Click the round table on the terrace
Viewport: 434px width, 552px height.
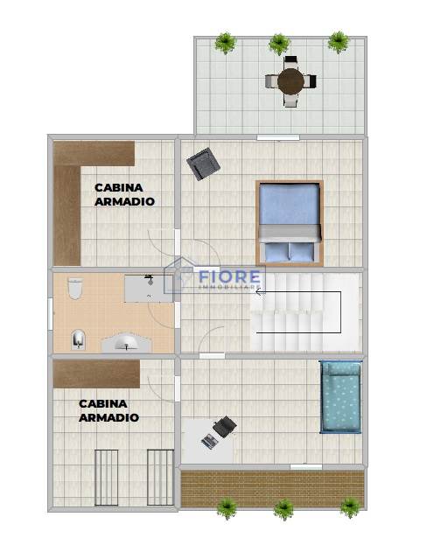click(290, 81)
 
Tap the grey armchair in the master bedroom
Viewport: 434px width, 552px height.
click(204, 164)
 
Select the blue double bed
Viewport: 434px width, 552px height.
click(290, 223)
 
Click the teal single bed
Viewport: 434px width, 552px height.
click(340, 397)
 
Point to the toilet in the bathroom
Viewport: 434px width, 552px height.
click(75, 289)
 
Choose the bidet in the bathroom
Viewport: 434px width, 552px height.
click(78, 339)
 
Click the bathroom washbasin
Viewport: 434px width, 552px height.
click(127, 342)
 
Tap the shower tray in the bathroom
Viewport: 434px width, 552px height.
click(149, 289)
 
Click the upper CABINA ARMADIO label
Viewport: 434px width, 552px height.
click(124, 194)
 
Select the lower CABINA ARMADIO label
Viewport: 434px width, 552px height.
click(108, 410)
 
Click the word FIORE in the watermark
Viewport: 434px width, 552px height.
click(229, 276)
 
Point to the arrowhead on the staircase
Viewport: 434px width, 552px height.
click(260, 291)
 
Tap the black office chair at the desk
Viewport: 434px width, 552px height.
click(225, 426)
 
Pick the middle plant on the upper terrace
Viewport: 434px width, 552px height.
click(279, 44)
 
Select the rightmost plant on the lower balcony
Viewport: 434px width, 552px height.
click(350, 507)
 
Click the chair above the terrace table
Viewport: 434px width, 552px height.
click(290, 62)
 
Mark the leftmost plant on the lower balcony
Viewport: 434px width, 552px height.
click(227, 509)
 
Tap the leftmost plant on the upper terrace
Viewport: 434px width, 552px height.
click(225, 43)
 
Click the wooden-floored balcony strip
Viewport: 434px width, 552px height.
click(272, 489)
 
